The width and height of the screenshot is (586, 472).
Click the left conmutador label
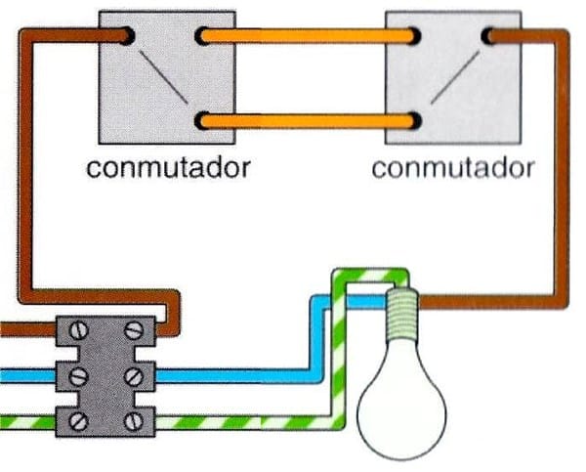tap(168, 167)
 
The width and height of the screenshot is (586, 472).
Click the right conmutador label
tap(453, 168)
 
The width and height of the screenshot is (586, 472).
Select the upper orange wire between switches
tap(308, 36)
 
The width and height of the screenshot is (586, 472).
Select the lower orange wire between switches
tap(308, 121)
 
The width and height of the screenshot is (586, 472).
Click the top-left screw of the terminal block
tap(79, 331)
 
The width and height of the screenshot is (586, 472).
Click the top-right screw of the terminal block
tap(134, 331)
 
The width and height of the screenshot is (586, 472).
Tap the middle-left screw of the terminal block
tap(79, 376)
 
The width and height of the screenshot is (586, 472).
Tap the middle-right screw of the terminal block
tap(134, 376)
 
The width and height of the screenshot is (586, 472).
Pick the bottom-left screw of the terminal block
tap(79, 421)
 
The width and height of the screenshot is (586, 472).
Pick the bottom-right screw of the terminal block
tap(134, 421)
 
